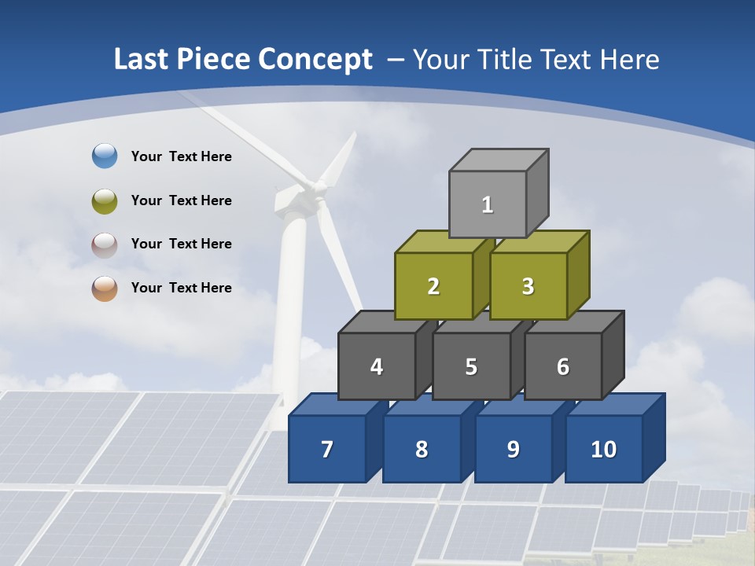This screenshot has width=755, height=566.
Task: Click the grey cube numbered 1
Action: click(x=488, y=204)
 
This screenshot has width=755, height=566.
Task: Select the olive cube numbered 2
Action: click(x=433, y=286)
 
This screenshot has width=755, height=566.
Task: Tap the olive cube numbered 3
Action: click(x=528, y=286)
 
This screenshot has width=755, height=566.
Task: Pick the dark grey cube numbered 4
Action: click(x=377, y=366)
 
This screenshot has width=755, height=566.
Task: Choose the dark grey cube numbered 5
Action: click(x=471, y=366)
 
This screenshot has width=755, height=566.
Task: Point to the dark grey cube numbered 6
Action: click(x=562, y=366)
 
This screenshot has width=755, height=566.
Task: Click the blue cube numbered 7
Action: click(x=327, y=449)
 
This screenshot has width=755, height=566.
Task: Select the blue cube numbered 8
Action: click(x=422, y=449)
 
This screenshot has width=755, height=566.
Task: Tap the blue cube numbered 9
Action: click(x=513, y=449)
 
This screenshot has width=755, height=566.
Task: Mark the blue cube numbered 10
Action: click(x=603, y=449)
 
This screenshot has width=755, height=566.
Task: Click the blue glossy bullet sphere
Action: click(x=105, y=156)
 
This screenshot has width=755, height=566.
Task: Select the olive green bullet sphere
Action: click(x=105, y=200)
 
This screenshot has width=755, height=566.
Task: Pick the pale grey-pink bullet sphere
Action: click(x=105, y=244)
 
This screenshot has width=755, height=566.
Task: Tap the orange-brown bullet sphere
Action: click(x=105, y=289)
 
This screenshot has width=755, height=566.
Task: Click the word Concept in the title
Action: click(x=315, y=60)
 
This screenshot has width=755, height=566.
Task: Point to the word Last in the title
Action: click(x=142, y=60)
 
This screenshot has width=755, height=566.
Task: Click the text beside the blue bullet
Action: click(x=182, y=156)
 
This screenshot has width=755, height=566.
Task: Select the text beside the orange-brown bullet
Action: click(x=182, y=288)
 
